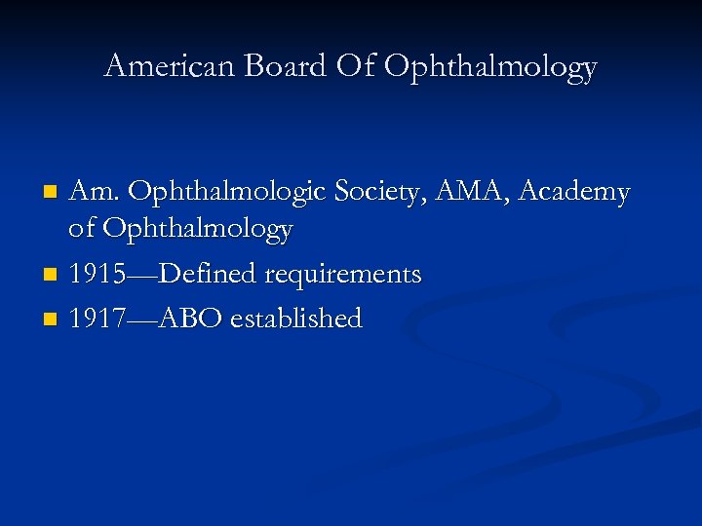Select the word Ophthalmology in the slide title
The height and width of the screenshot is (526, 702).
click(x=490, y=66)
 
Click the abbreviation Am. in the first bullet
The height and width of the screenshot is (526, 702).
click(x=94, y=193)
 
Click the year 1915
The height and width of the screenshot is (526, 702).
click(x=97, y=275)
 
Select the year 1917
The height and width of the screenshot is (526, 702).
click(x=97, y=319)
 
